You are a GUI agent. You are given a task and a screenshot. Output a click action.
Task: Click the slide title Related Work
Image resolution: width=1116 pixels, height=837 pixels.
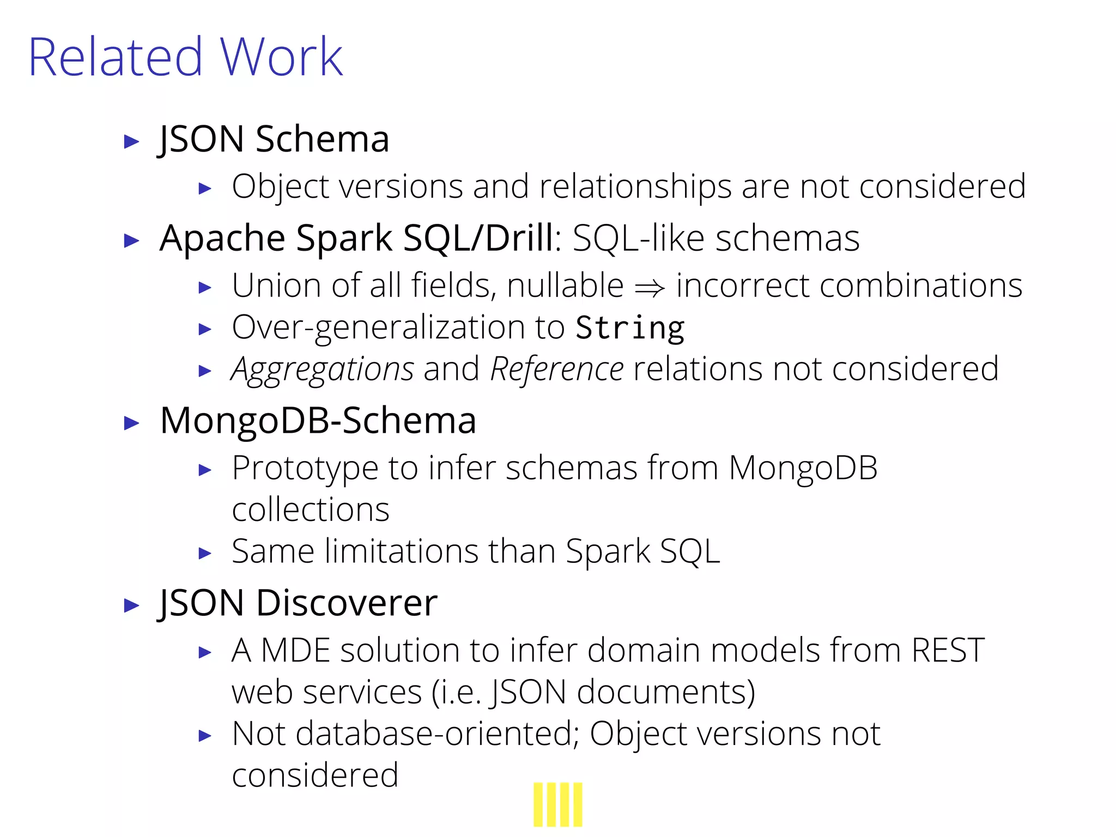[x=185, y=57]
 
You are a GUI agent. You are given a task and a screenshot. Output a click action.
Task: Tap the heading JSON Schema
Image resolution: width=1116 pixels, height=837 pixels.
[x=274, y=139]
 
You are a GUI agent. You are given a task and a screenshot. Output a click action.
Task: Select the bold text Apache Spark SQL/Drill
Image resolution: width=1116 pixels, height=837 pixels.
[x=357, y=238]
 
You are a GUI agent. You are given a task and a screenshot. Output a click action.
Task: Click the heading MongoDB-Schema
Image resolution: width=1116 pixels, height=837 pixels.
[x=318, y=421]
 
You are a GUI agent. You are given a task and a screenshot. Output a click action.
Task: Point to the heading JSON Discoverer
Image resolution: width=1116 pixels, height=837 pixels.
[x=298, y=603]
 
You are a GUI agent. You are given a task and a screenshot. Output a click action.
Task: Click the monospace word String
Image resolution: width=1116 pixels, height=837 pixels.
[x=630, y=328]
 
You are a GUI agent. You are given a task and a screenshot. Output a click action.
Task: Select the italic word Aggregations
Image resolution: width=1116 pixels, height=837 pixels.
[x=323, y=369]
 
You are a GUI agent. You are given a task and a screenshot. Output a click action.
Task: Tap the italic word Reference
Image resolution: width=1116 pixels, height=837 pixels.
[x=556, y=369]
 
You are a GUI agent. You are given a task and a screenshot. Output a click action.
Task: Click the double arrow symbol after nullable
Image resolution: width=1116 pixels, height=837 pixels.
[x=650, y=287]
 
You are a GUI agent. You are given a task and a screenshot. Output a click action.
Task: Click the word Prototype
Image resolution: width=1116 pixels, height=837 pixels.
[x=305, y=468]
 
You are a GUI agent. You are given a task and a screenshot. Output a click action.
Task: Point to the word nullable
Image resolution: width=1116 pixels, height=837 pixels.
[x=565, y=286]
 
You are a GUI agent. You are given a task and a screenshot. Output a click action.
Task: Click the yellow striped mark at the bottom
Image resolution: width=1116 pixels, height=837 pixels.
[x=557, y=805]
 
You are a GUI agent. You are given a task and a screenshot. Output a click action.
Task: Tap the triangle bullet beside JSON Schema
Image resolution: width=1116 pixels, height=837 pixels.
[x=131, y=142]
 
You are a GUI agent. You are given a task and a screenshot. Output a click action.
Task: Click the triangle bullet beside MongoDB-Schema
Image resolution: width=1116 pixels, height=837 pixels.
[x=131, y=423]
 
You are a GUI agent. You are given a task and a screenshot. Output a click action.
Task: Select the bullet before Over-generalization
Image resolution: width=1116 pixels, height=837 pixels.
[x=205, y=329]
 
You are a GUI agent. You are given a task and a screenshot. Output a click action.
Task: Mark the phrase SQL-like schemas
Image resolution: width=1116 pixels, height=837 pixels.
[x=716, y=238]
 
